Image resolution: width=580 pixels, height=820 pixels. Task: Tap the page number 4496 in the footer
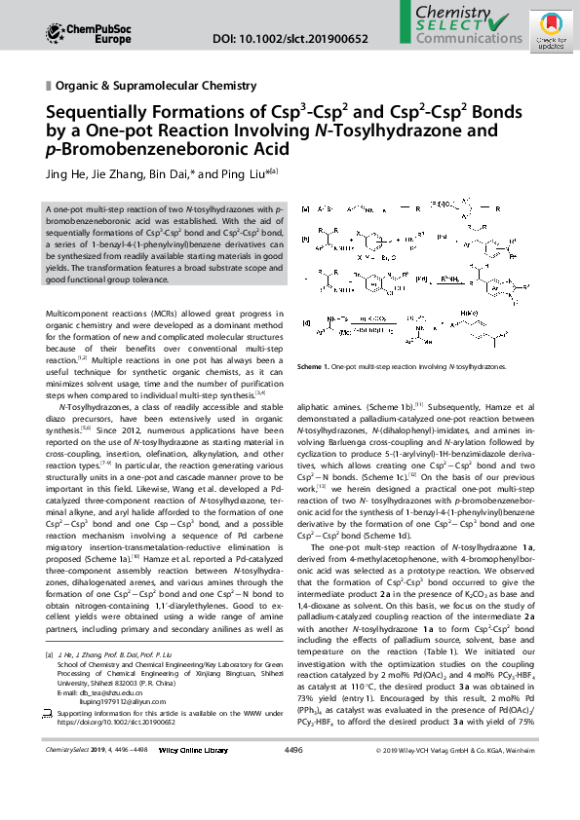point(292,804)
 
